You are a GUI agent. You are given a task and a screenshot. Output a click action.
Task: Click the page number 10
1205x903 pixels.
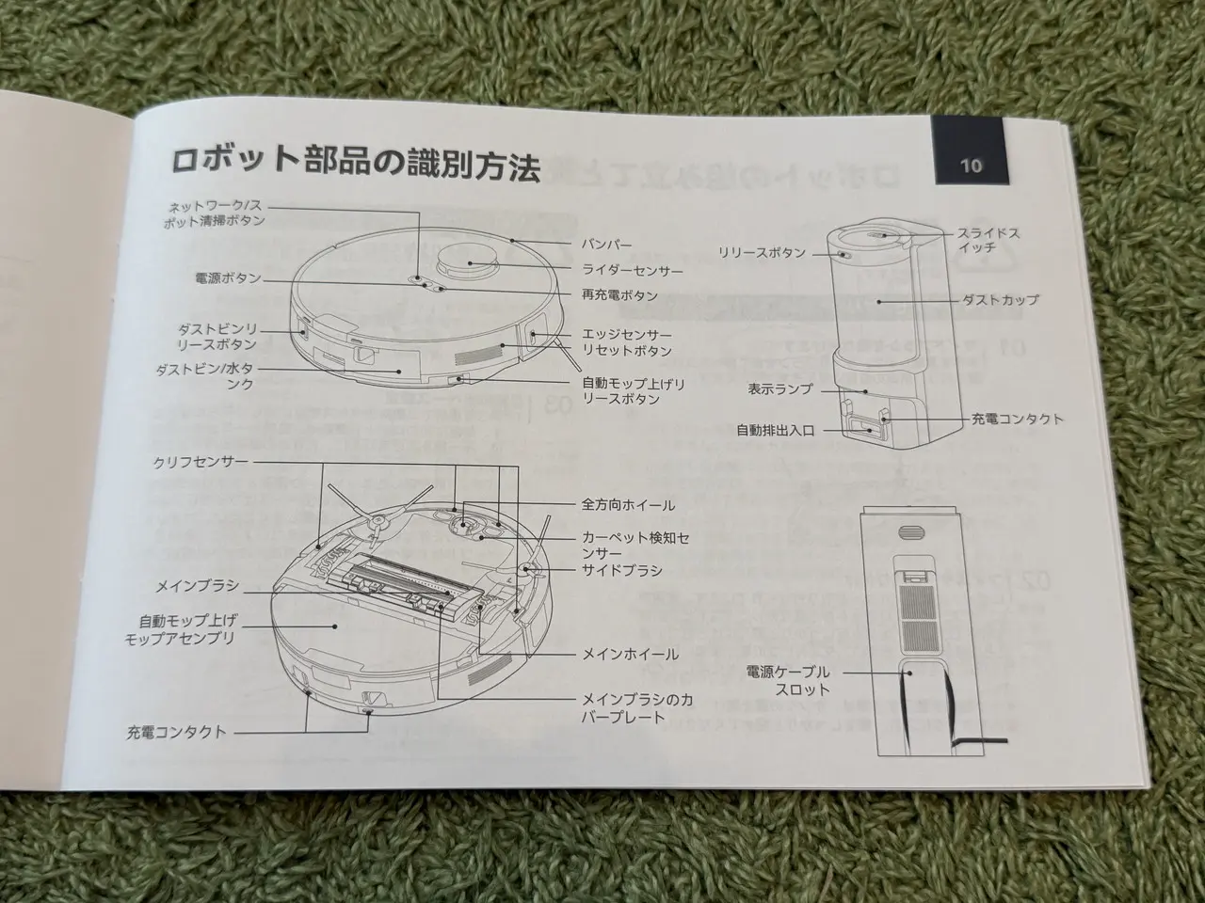[971, 165]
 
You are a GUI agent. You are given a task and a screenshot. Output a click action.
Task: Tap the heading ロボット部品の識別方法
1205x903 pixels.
[356, 164]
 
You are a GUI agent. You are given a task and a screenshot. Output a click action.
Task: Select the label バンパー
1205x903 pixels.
[606, 245]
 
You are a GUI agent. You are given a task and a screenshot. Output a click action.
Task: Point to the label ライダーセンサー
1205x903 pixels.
[633, 270]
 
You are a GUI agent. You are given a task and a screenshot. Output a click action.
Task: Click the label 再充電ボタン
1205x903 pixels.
[619, 295]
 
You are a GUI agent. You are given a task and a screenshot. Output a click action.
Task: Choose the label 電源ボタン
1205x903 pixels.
[229, 278]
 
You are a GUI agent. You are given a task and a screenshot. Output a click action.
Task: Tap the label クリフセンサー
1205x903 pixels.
[201, 462]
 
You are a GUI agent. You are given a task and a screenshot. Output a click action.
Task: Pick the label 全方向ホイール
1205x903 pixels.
[628, 505]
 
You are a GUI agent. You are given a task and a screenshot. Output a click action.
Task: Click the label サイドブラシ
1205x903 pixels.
[622, 571]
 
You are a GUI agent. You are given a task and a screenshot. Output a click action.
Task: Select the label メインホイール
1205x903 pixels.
[630, 654]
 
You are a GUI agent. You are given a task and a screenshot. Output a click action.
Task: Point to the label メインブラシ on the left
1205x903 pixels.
[199, 586]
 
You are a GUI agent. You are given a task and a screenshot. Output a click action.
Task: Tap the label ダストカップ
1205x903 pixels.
[1000, 300]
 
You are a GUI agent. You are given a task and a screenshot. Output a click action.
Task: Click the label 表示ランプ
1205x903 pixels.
[779, 389]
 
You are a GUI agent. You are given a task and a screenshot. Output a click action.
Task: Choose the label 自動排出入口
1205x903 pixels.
[776, 431]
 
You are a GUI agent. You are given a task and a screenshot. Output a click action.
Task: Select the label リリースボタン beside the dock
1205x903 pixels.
[763, 253]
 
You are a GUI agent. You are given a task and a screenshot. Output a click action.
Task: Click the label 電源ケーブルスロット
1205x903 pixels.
[788, 680]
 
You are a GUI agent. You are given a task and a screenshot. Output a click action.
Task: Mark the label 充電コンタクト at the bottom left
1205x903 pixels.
[176, 733]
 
